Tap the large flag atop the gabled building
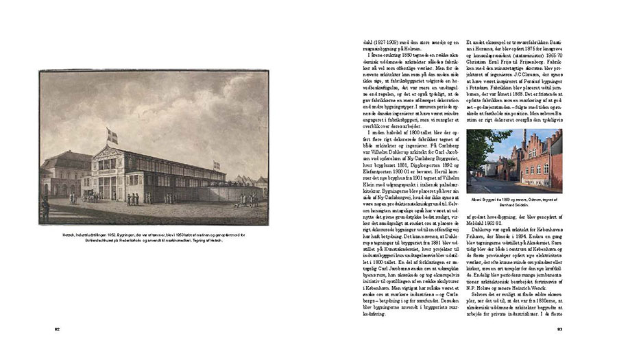[112, 136]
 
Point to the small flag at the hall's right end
[217, 165]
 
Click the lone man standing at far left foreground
[46, 209]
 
